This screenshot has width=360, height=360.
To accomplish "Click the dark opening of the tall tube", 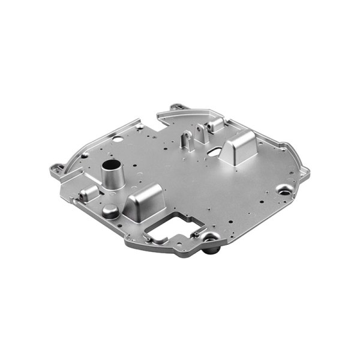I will [x=110, y=164].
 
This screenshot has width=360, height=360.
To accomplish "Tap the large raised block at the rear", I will [x=239, y=146].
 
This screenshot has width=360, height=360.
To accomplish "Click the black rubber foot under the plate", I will [x=209, y=247].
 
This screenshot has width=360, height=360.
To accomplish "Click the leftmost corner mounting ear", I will [x=57, y=167].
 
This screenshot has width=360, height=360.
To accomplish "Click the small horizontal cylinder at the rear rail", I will [x=216, y=125].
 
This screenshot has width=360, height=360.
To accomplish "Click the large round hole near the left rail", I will [x=118, y=140].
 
